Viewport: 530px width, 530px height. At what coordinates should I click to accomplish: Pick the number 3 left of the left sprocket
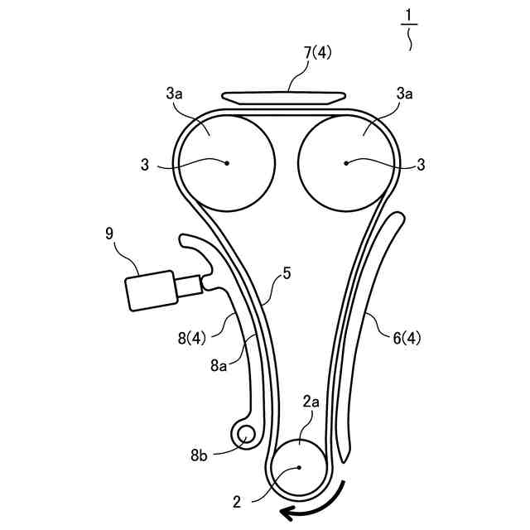(x=145, y=164)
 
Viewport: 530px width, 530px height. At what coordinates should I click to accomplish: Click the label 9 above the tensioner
(x=109, y=234)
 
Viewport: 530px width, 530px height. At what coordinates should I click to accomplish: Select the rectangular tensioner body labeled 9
(x=148, y=291)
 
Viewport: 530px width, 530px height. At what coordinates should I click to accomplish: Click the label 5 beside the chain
(x=286, y=271)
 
